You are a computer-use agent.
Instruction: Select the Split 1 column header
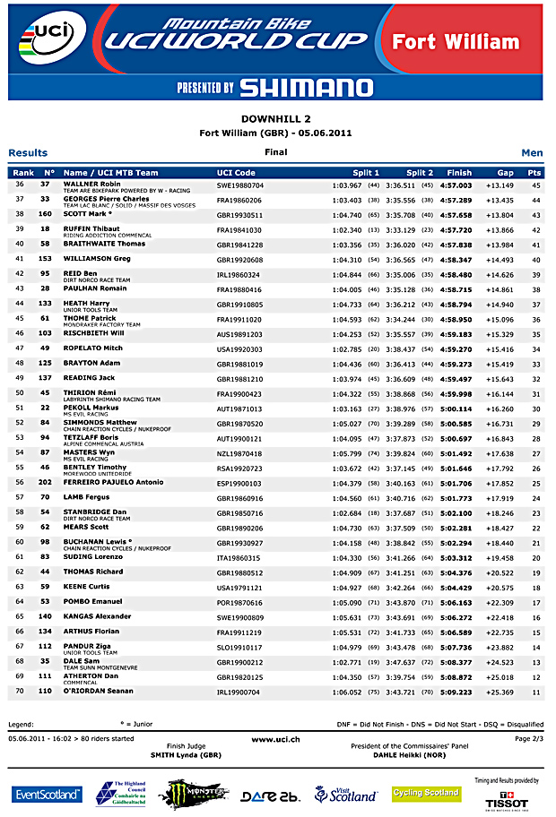(366, 173)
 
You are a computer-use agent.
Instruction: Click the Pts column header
(534, 173)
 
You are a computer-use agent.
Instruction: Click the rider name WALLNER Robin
(92, 184)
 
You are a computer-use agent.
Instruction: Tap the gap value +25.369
(500, 692)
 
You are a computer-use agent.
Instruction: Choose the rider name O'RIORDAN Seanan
(99, 692)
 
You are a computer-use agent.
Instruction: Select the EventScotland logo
(47, 795)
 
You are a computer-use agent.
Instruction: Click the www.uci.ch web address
(275, 739)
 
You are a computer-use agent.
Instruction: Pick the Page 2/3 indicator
(529, 739)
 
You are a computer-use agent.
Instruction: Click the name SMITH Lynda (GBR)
(186, 755)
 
